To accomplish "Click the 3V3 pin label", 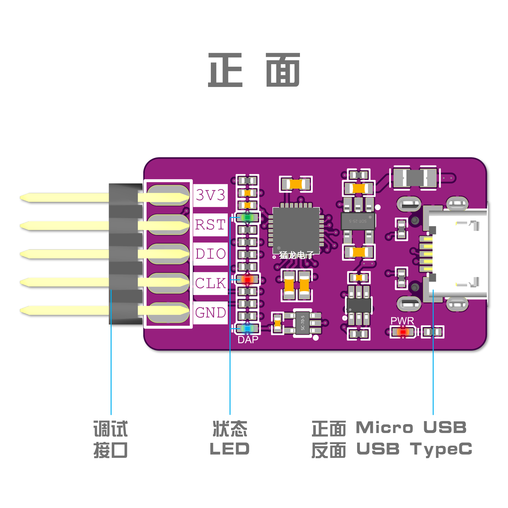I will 211,195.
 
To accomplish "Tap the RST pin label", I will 211,225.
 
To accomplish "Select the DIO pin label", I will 211,254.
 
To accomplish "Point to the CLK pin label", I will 211,283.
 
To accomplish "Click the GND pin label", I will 211,313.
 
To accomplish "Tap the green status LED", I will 247,218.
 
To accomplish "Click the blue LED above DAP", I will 247,329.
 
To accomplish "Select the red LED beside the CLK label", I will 247,279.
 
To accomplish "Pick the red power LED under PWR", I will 403,332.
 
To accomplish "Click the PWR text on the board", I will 402,321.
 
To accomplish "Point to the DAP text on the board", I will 248,340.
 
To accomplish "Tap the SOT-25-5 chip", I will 358,221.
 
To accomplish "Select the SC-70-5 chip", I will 303,323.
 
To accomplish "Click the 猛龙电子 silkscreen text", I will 296,255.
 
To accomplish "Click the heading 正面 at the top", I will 254,70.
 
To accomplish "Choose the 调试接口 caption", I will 111,439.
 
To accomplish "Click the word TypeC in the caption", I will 441,449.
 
